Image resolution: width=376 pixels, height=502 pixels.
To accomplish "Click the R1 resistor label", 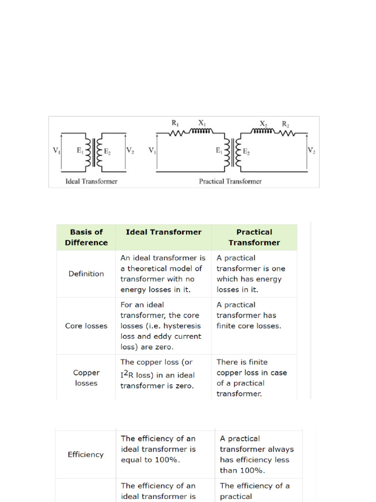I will tap(175, 124).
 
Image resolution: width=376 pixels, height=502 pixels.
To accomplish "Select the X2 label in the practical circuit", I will tap(263, 124).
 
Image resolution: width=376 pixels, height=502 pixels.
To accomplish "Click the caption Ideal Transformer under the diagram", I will tap(92, 181).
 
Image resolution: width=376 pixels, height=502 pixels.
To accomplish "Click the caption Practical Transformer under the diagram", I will tap(230, 181).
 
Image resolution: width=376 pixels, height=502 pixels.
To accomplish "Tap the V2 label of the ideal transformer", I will tap(130, 151).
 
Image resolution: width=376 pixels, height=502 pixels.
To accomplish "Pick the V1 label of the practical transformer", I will tap(152, 151).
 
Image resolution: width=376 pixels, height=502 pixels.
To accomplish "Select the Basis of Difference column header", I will tap(86, 237).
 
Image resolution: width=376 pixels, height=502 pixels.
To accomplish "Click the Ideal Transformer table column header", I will tap(164, 232).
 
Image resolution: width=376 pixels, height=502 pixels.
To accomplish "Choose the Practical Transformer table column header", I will tap(254, 237).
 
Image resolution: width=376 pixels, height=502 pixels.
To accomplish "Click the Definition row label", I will tap(86, 274).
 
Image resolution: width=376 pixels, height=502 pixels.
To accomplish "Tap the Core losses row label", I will tap(86, 326).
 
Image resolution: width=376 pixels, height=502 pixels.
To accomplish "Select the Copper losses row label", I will tap(86, 378).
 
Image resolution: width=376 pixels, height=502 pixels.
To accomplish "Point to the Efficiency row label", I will tap(86, 454).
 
